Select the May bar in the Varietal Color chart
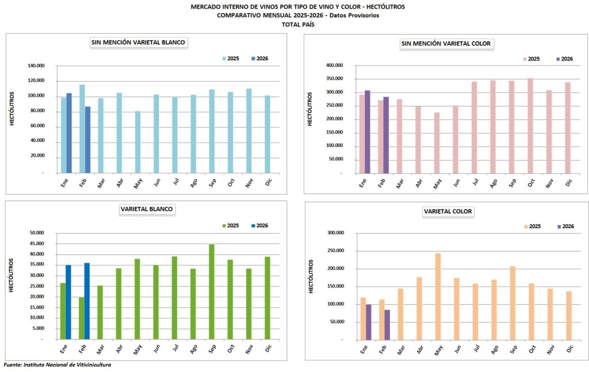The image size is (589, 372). click(x=438, y=297)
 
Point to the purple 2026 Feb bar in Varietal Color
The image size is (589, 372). click(x=388, y=325)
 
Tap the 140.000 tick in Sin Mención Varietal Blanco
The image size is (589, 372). click(x=36, y=66)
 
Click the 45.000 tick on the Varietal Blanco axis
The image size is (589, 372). click(x=36, y=244)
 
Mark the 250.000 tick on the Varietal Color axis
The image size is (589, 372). click(x=335, y=250)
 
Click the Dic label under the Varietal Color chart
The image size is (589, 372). click(x=569, y=350)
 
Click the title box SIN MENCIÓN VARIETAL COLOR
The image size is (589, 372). click(x=447, y=44)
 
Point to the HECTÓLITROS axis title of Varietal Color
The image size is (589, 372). click(x=311, y=277)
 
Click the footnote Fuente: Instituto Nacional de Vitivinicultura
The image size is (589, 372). click(x=58, y=365)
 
